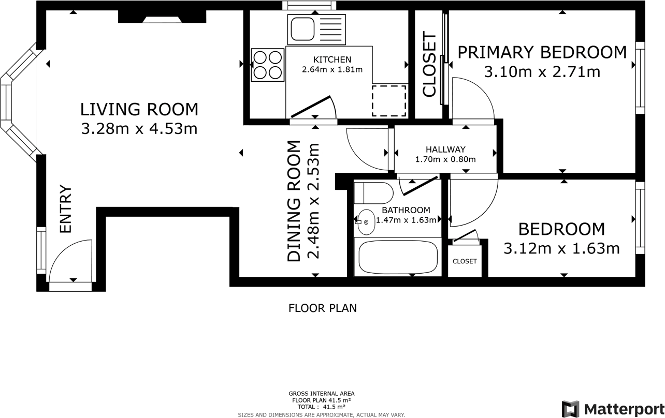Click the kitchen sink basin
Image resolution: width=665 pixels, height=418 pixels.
click(302, 29)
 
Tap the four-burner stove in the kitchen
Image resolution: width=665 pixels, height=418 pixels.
click(267, 65)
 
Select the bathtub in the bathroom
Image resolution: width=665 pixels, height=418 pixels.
click(398, 257)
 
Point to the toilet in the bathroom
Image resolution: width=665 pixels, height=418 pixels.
click(373, 193)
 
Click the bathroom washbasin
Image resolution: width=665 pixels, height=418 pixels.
click(366, 222)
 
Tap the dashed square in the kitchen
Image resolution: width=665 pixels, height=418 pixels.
click(389, 101)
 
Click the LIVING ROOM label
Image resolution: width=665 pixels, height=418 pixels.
click(139, 109)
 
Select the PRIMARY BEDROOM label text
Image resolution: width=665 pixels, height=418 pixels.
click(542, 52)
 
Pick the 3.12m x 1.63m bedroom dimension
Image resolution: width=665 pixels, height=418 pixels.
click(562, 248)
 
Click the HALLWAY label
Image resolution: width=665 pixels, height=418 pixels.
click(445, 149)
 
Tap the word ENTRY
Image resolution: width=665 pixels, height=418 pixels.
click(66, 209)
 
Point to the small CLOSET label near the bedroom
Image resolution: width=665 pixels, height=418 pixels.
click(465, 261)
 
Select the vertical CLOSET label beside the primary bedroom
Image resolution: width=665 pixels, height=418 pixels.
click(429, 64)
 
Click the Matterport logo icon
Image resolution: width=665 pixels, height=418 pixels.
click(570, 409)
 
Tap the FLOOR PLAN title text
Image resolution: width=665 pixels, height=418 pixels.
click(323, 308)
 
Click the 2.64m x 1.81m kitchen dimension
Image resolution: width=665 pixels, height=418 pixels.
click(332, 70)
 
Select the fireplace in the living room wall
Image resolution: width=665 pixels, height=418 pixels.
click(162, 17)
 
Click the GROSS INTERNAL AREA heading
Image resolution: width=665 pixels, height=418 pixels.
click(322, 394)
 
